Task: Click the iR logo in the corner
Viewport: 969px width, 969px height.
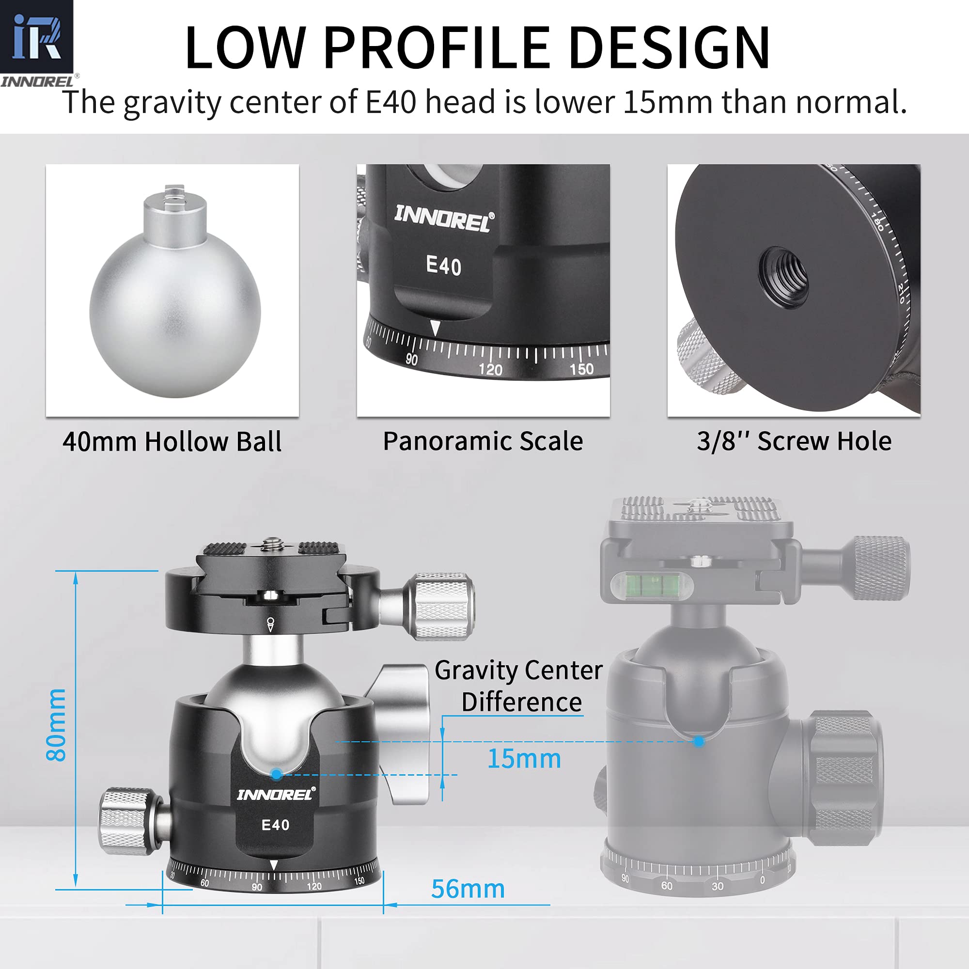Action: click(36, 38)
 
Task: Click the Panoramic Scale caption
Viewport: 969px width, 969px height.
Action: click(483, 442)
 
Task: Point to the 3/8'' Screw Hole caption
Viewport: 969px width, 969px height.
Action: click(794, 442)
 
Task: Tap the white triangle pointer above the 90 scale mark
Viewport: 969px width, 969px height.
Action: click(436, 328)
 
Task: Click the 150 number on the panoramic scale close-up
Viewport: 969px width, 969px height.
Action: click(581, 369)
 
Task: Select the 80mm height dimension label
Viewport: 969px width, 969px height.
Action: click(56, 725)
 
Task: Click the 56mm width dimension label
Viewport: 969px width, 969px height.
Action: click(468, 889)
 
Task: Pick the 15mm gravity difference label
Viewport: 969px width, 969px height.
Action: click(524, 759)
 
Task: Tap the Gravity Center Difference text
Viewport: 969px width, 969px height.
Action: click(519, 686)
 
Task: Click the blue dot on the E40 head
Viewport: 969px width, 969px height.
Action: click(276, 774)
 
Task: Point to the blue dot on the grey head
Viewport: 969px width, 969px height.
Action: click(699, 741)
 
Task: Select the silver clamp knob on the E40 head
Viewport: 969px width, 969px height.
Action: click(441, 606)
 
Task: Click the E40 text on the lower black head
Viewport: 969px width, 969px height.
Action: click(275, 825)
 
